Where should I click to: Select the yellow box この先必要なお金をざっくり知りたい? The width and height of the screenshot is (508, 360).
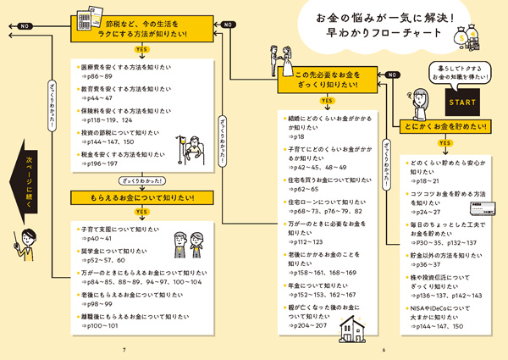pyautogui.click(x=326, y=83)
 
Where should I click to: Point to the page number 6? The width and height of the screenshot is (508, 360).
pyautogui.click(x=384, y=351)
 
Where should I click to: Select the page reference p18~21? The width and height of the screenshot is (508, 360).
pyautogui.click(x=428, y=181)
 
